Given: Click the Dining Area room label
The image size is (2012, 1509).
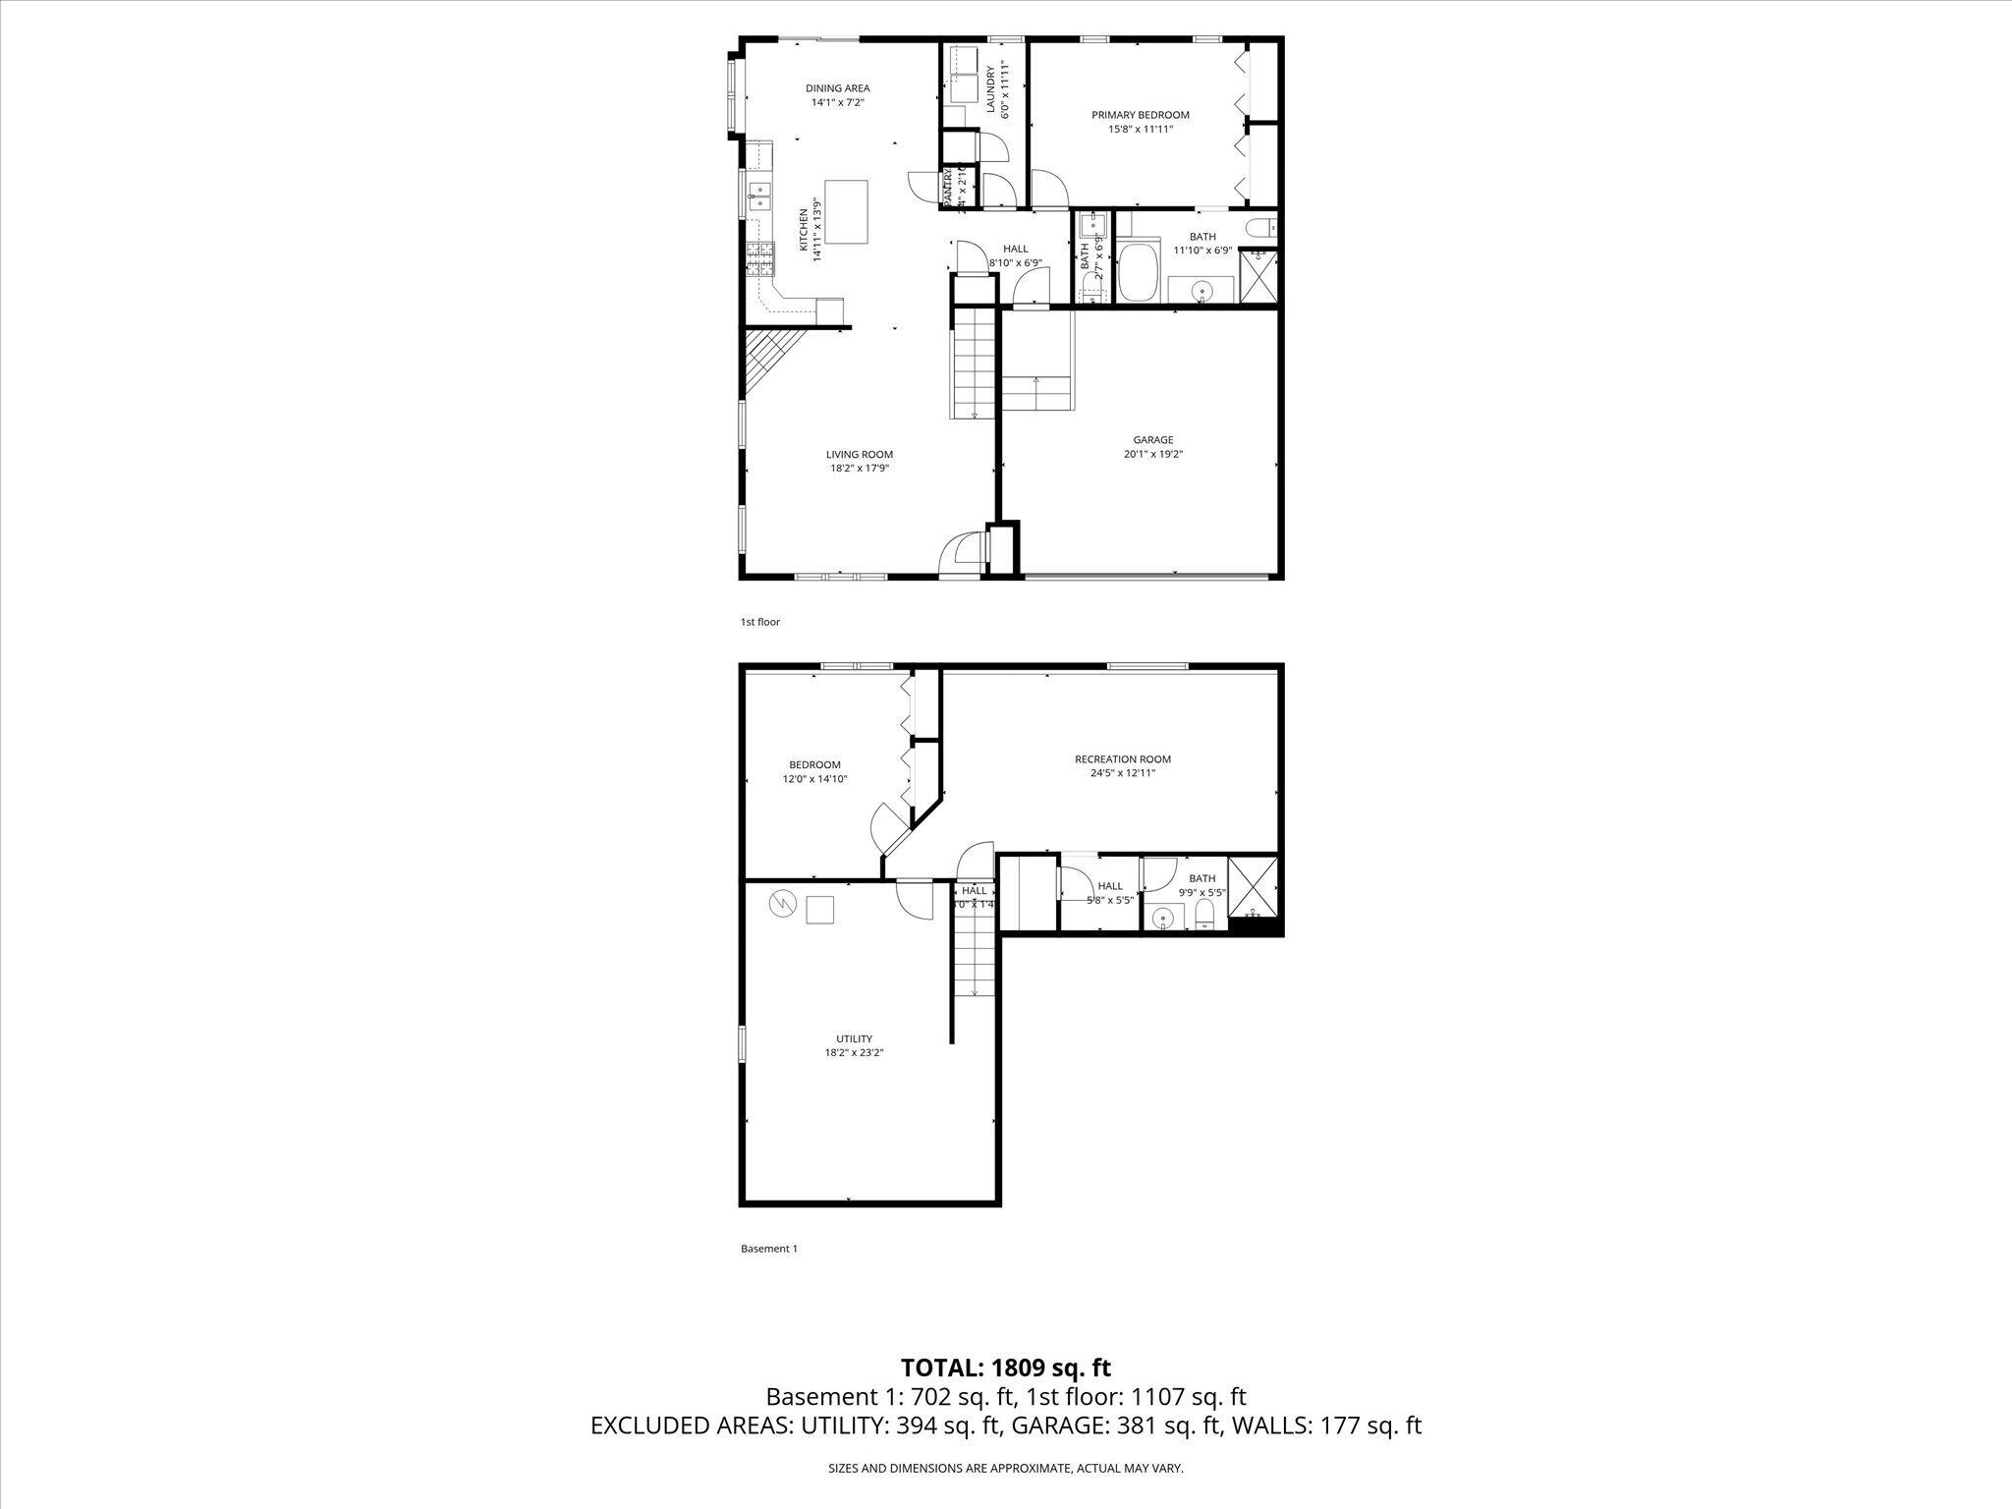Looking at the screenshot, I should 837,88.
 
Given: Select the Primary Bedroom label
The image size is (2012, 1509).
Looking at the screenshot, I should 1140,115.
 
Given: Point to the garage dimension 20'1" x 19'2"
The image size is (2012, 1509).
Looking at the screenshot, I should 1152,455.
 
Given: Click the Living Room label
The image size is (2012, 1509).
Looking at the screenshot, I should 859,454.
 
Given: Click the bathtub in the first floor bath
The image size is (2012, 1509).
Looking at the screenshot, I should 1139,274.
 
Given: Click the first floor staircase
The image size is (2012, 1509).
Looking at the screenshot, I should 974,363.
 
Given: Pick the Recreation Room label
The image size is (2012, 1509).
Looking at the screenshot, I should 1122,759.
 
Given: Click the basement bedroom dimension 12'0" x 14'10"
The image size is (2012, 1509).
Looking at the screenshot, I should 814,779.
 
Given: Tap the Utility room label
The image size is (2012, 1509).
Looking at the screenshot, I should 854,1038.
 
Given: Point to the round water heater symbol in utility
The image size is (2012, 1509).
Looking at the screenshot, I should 783,902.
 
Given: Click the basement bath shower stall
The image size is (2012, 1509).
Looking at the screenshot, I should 1255,886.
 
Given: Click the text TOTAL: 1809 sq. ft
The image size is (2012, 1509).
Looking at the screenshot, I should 1005,1369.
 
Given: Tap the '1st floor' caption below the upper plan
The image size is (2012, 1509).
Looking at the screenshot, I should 759,622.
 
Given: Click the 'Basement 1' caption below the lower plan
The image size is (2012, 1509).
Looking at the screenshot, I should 768,1249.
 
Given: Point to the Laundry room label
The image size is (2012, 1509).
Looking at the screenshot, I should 1004,89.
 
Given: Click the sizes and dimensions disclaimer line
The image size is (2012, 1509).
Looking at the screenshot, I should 1005,1468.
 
